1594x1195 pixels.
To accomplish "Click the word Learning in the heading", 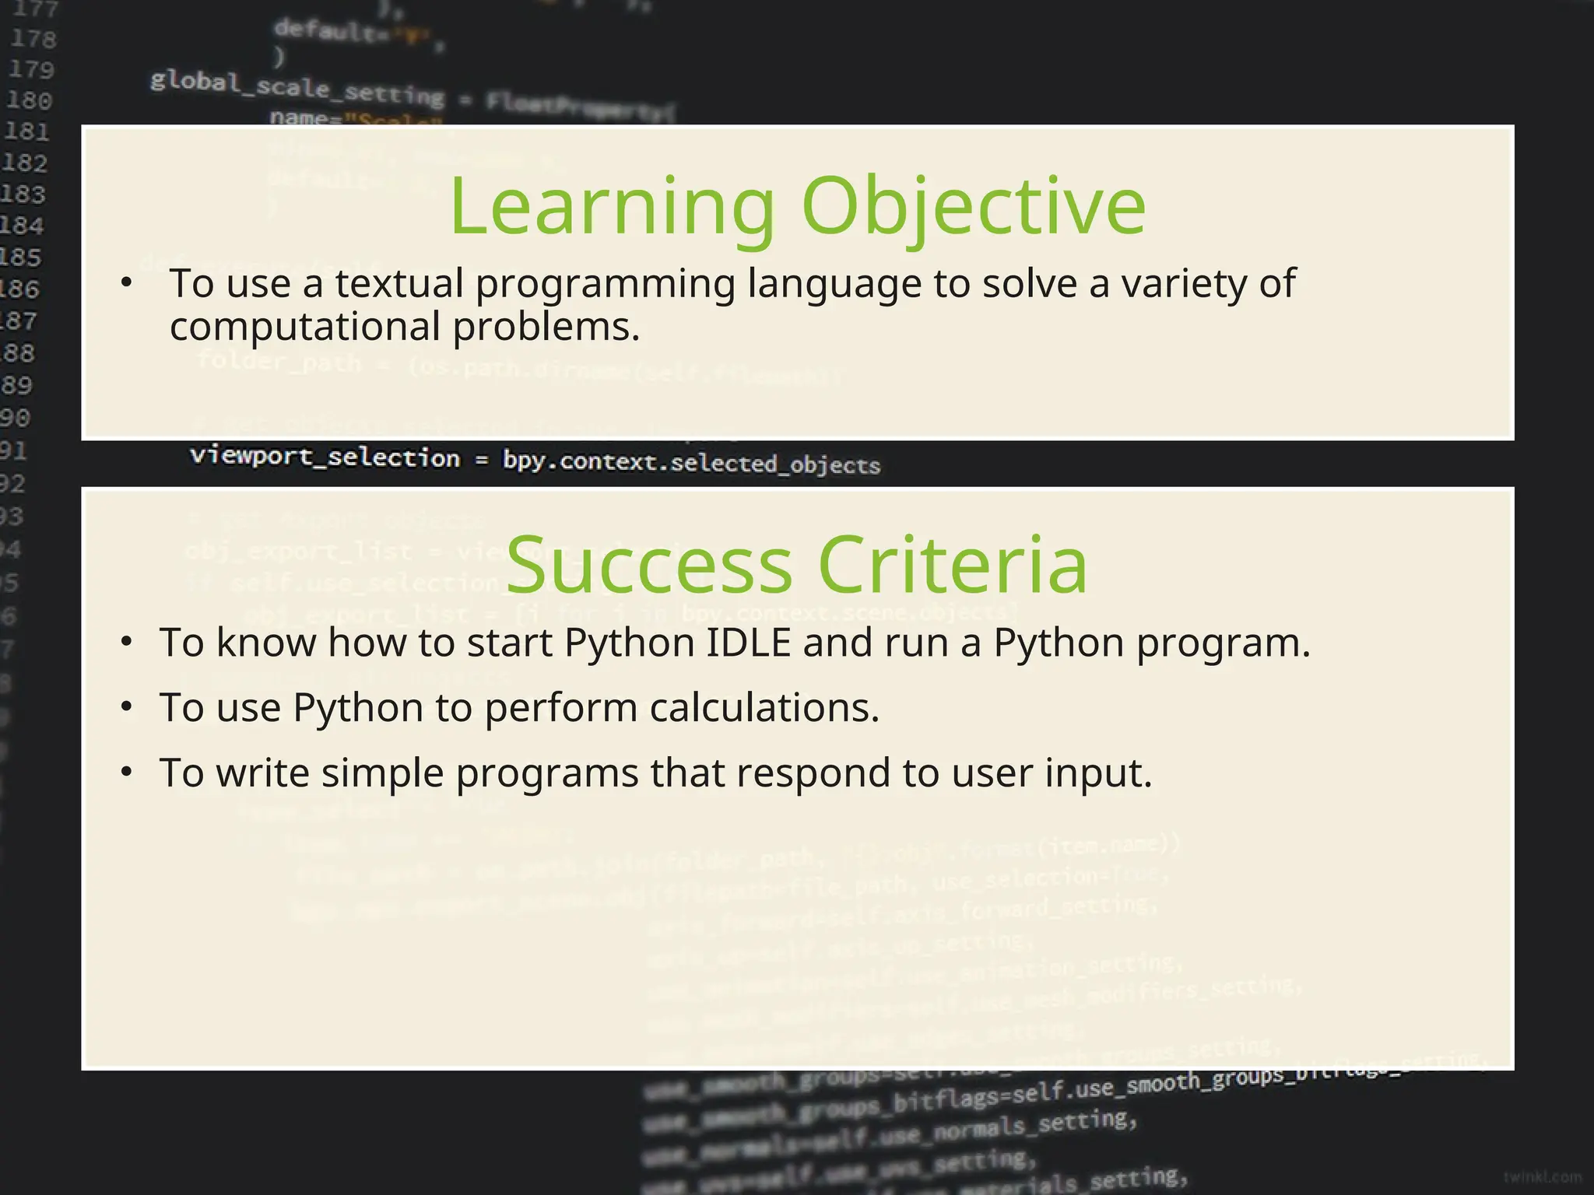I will tap(613, 207).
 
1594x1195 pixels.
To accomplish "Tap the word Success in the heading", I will tap(648, 565).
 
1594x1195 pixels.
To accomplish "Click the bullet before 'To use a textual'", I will tap(127, 283).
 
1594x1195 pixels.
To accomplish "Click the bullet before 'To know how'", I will tap(127, 643).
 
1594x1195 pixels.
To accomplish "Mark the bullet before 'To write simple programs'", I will tap(127, 773).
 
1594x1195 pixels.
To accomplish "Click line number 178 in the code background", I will tap(33, 39).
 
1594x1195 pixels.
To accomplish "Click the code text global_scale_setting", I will tap(297, 88).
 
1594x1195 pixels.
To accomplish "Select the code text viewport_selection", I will tap(325, 457).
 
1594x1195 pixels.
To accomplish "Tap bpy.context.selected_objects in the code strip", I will tap(691, 462).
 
